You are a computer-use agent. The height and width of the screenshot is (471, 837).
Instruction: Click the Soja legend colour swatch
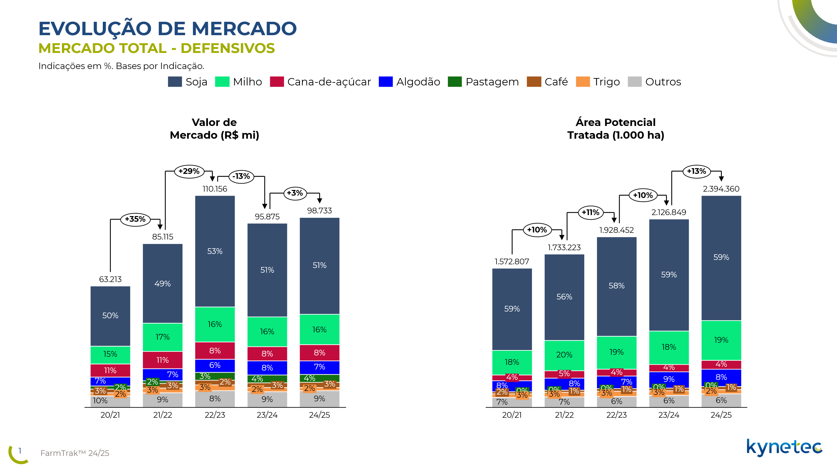175,82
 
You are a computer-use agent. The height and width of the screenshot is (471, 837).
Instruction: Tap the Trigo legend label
606,82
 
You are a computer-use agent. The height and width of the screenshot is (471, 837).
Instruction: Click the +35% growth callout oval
135,219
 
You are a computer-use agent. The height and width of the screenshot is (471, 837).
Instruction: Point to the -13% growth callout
241,177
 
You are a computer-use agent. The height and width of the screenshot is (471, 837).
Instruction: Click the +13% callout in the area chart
696,172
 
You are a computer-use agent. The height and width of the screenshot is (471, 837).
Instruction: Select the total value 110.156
215,189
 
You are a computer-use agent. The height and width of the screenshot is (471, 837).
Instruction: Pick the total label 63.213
110,279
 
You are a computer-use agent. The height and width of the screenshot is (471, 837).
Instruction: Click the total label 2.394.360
721,189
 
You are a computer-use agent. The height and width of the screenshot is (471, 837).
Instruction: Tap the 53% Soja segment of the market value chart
215,251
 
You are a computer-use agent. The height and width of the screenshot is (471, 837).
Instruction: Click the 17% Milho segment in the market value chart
162,337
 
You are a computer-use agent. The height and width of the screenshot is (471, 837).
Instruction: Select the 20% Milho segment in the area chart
564,355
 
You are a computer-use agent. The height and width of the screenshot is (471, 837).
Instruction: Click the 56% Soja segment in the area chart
564,297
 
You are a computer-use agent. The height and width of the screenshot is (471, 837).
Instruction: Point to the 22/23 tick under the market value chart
215,415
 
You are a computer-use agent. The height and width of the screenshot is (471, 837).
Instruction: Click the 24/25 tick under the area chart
721,415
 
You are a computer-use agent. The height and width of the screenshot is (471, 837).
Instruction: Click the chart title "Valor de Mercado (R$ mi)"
214,129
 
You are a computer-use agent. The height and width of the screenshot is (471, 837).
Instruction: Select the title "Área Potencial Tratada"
615,129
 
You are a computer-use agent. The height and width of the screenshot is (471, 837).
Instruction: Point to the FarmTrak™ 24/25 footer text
75,453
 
